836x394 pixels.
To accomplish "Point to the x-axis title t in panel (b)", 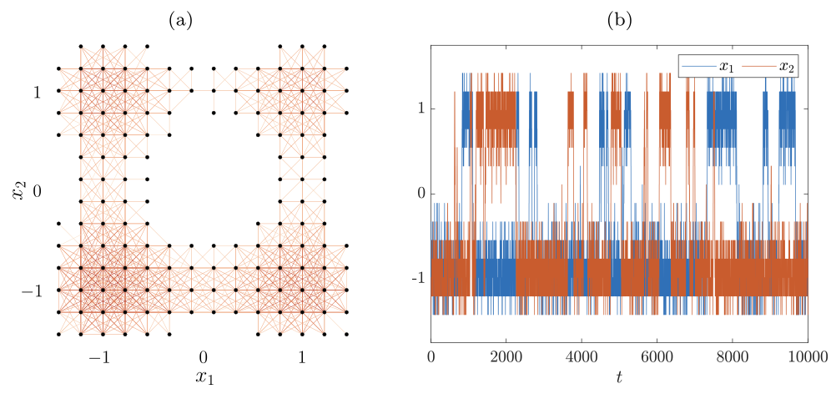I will [619, 377].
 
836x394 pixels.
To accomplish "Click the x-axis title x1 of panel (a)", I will [204, 377].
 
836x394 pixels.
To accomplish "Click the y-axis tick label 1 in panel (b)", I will [421, 108].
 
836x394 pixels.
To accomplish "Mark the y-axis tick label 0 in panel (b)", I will [421, 194].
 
